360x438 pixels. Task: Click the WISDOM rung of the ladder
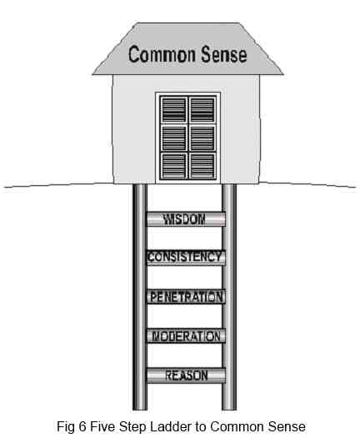pyautogui.click(x=186, y=219)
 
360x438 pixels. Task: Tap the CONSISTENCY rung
pyautogui.click(x=186, y=258)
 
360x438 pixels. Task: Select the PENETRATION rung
pyautogui.click(x=186, y=297)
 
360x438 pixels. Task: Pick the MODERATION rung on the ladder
pyautogui.click(x=186, y=335)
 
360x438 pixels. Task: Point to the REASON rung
pyautogui.click(x=186, y=375)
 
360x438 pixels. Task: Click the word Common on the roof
pyautogui.click(x=162, y=54)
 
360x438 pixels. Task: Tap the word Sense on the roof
pyautogui.click(x=224, y=54)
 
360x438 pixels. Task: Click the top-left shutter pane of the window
pyautogui.click(x=173, y=109)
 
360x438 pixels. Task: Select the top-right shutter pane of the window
pyautogui.click(x=202, y=109)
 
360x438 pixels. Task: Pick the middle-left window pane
pyautogui.click(x=173, y=138)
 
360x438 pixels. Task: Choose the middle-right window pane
pyautogui.click(x=202, y=138)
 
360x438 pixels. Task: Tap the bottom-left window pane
pyautogui.click(x=173, y=166)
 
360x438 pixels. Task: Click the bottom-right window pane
pyautogui.click(x=202, y=166)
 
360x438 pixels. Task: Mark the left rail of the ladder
pyautogui.click(x=140, y=297)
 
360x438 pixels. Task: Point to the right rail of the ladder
pyautogui.click(x=229, y=297)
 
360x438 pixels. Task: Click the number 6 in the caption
pyautogui.click(x=82, y=426)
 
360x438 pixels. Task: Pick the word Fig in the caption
pyautogui.click(x=66, y=427)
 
